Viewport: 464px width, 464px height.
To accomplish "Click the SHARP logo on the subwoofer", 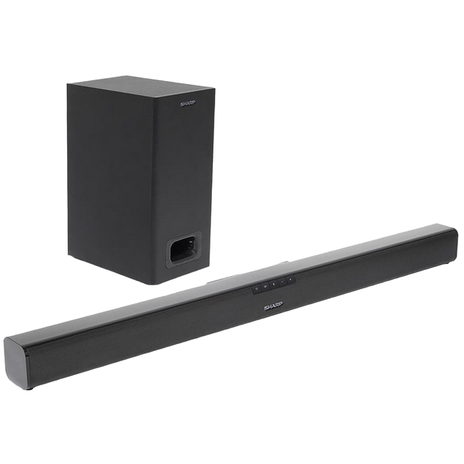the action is coord(187,104).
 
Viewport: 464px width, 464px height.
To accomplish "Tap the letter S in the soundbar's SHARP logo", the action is coord(266,308).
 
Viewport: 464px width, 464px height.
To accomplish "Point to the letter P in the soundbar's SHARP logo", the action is coord(280,304).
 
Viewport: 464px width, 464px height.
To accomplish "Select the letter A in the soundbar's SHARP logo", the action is coord(273,306).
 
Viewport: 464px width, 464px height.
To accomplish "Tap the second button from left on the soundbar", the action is coord(265,286).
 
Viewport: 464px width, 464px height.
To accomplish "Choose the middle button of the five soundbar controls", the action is coord(274,284).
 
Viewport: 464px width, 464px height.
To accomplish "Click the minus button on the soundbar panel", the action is coord(282,281).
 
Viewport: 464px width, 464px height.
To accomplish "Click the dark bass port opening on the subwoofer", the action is coord(183,250).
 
